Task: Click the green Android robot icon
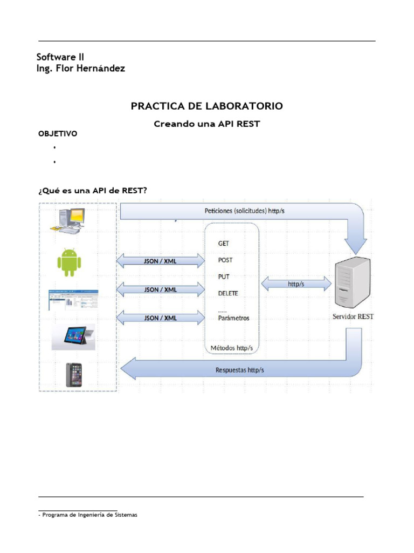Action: (x=69, y=262)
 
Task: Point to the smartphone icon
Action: (x=73, y=374)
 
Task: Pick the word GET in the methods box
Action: (x=223, y=244)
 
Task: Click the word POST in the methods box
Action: (x=225, y=260)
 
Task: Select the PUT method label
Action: (x=224, y=276)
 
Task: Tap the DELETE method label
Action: (x=228, y=293)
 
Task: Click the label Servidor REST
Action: (x=353, y=317)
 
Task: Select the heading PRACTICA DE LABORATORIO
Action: (x=206, y=106)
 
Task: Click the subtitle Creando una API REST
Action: (x=207, y=124)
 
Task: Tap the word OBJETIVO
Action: (x=58, y=134)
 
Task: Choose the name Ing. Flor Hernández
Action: (x=81, y=69)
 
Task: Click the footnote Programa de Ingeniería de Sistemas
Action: (x=88, y=515)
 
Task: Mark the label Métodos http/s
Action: (x=232, y=347)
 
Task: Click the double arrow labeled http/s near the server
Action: (x=296, y=283)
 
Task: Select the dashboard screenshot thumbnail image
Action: (x=75, y=300)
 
